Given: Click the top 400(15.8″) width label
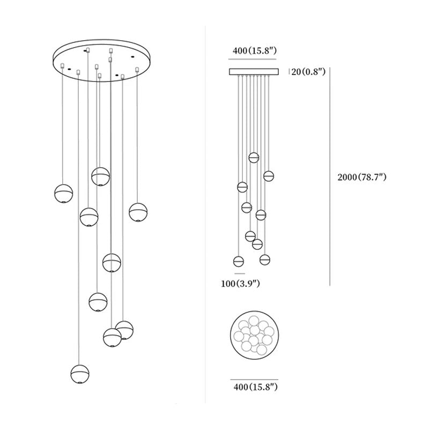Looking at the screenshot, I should (x=254, y=51).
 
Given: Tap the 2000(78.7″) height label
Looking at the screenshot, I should (x=362, y=177).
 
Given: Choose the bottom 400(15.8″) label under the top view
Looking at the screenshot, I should (x=254, y=386).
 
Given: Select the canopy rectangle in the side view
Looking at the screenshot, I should (x=254, y=71).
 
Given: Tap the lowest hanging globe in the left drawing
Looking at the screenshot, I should (x=80, y=374).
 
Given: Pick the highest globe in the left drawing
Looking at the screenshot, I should (x=100, y=176).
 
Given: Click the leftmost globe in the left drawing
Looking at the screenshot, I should (x=64, y=193).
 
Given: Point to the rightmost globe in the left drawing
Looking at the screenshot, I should (x=138, y=212).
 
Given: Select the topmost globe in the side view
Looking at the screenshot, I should (x=254, y=158).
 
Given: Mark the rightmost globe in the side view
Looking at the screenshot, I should (x=269, y=175).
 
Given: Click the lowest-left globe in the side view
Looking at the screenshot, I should (x=239, y=262).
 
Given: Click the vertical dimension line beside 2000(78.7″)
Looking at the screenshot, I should (x=329, y=177).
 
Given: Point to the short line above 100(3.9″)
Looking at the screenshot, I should (x=239, y=273).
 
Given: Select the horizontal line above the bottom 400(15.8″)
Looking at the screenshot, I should (x=254, y=376).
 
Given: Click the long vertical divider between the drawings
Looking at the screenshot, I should (x=206, y=214).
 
